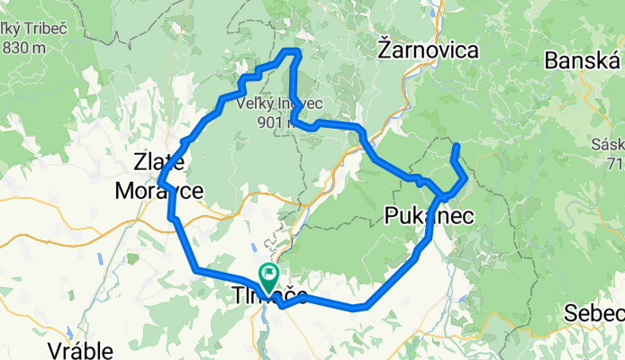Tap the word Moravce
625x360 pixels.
tap(159, 190)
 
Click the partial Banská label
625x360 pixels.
tap(584, 61)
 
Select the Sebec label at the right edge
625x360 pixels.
tap(594, 313)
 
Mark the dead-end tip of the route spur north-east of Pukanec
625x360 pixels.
tap(457, 146)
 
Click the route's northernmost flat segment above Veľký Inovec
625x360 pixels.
tap(291, 50)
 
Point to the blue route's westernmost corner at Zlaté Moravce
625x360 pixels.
tap(159, 184)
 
